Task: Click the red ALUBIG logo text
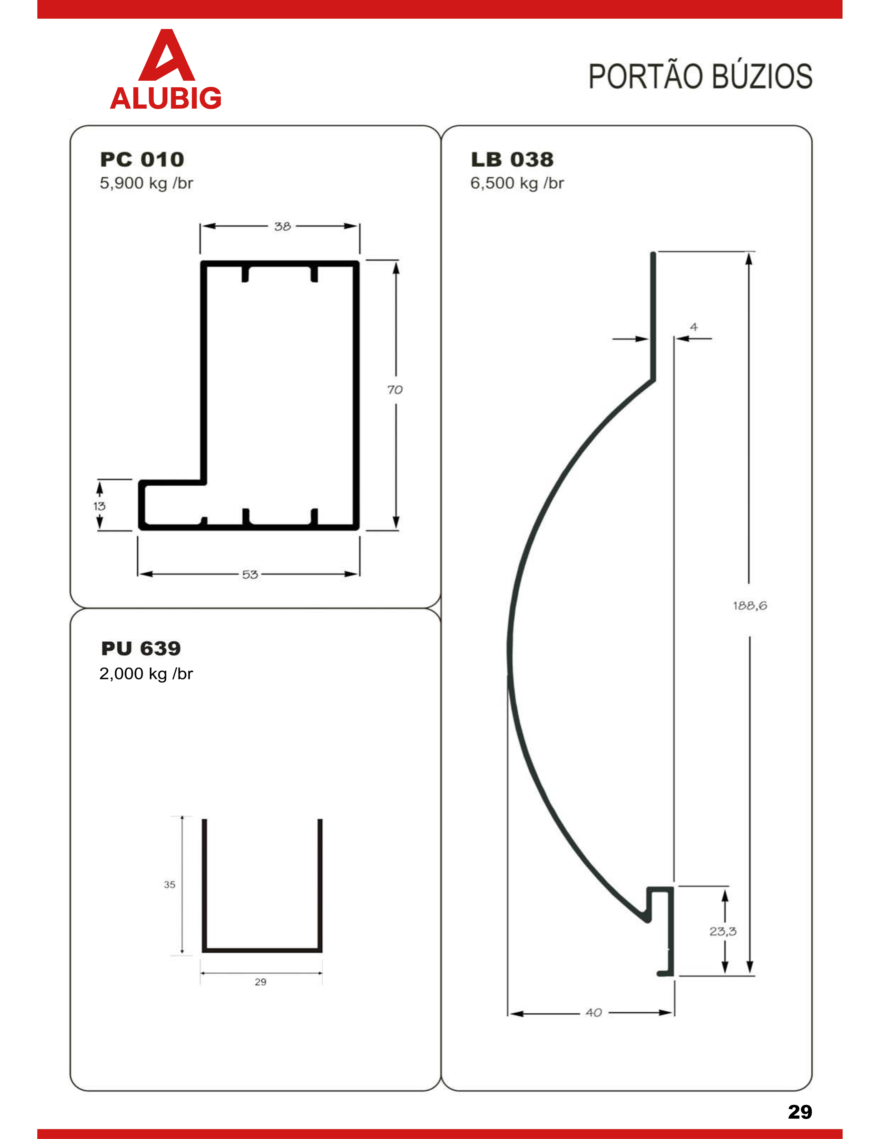(166, 98)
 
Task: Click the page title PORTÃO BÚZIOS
(700, 76)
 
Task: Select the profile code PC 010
(142, 159)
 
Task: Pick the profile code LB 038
(512, 159)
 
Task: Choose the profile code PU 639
(141, 648)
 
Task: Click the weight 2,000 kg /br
(146, 674)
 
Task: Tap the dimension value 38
(283, 226)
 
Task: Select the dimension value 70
(395, 390)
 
